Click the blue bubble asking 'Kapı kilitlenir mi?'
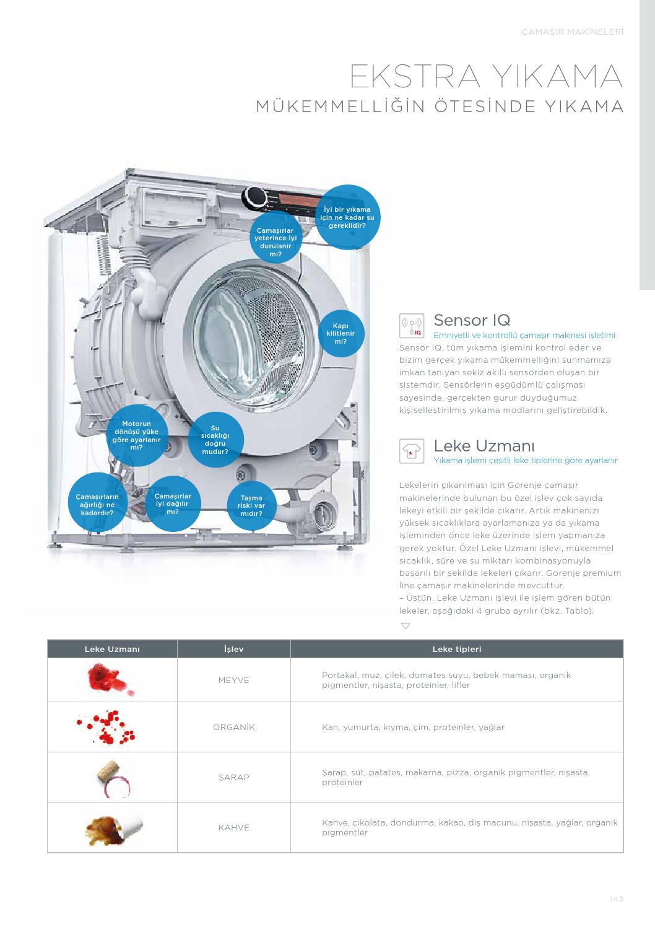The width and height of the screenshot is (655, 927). coord(341,334)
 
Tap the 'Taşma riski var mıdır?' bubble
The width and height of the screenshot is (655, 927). coord(251,506)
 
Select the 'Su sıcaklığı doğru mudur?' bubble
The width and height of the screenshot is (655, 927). coord(215,440)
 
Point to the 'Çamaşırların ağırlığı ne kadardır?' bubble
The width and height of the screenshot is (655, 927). coord(98,502)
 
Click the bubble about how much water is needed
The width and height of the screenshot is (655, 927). coord(347,217)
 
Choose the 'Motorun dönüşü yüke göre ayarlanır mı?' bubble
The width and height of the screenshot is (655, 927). coord(137,435)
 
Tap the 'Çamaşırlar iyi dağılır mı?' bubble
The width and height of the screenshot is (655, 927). coord(173,503)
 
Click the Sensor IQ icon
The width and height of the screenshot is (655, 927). coord(412,326)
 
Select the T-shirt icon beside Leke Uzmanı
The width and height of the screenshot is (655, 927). coord(412,451)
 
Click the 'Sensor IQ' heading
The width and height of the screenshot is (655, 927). coord(472,320)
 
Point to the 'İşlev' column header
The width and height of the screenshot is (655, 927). coord(234,649)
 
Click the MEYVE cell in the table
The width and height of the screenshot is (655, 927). coord(234,680)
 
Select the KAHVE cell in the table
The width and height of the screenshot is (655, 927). coord(234,827)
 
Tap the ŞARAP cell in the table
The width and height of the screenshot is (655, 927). coord(234,777)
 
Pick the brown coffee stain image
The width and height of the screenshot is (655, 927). coord(113,829)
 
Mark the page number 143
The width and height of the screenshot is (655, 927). coord(617,899)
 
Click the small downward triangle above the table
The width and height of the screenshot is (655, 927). coord(406,626)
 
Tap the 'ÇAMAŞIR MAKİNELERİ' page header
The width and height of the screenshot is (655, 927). coord(573,32)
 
